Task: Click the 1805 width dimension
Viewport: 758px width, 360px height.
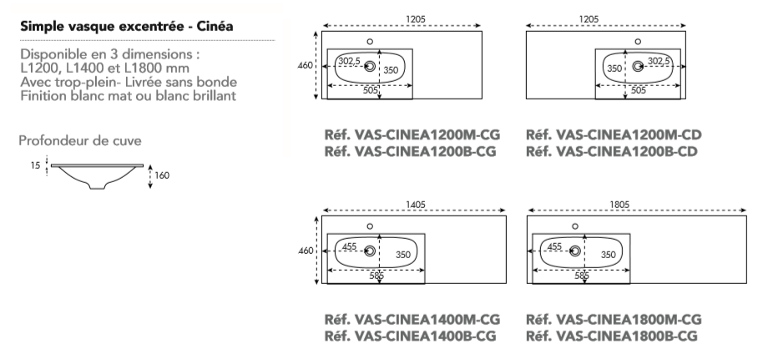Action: pos(619,203)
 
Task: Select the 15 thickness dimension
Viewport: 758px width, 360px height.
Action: pos(34,167)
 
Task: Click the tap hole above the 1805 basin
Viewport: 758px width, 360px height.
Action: pos(574,226)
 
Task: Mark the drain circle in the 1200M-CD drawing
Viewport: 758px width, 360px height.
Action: pos(639,66)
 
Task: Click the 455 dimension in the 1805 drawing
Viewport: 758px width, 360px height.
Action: pos(554,246)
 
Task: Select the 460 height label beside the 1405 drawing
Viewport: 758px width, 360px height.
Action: pos(306,250)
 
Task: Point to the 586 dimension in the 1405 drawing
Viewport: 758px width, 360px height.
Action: pos(376,275)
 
